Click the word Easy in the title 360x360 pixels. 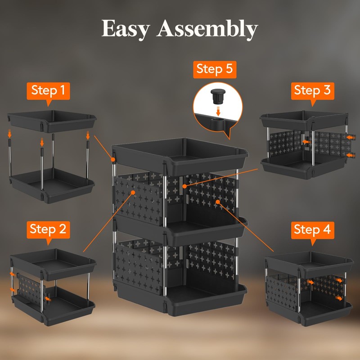tap(126, 29)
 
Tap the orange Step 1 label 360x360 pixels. tap(48, 91)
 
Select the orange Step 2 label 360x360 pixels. tap(48, 229)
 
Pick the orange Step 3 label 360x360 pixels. tap(312, 90)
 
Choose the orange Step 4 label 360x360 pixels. tap(312, 230)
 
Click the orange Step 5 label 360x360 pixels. tap(216, 70)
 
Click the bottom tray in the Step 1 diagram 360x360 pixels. tap(51, 184)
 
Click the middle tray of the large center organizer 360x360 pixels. tap(180, 228)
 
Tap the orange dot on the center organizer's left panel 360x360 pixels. tap(134, 193)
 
